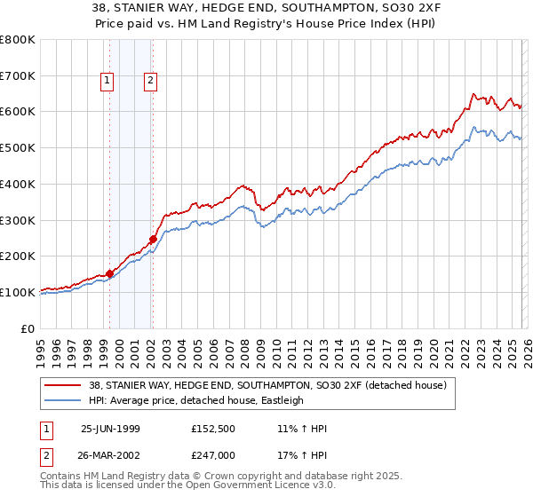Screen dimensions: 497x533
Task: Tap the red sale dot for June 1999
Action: pos(110,273)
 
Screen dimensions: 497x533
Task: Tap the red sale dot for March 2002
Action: pos(153,239)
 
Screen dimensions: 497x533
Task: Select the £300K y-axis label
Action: pos(18,220)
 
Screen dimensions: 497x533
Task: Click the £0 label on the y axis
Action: pos(28,328)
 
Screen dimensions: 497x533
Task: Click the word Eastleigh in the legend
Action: pos(280,400)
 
